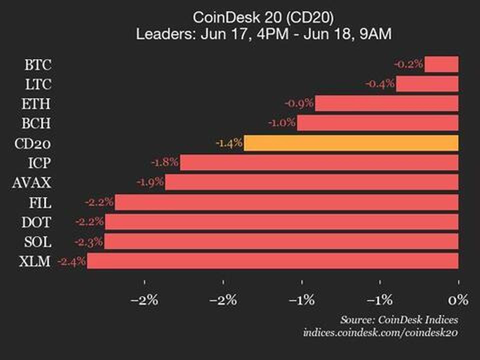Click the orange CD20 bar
tap(351, 143)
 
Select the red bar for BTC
tap(441, 64)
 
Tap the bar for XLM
tap(273, 261)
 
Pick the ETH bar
tap(387, 104)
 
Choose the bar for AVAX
tap(312, 182)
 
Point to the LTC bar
tap(427, 84)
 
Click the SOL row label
tap(38, 242)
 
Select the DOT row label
tap(36, 222)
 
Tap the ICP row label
tap(39, 163)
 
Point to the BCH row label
tap(36, 123)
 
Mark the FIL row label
tap(40, 203)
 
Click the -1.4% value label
tap(229, 143)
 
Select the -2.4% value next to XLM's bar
tap(72, 261)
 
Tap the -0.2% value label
tap(409, 64)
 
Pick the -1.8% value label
tap(165, 163)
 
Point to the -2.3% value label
tap(89, 242)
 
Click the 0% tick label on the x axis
tap(458, 300)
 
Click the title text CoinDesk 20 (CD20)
tap(263, 17)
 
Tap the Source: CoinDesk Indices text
tap(399, 320)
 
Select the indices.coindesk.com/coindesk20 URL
tap(380, 332)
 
